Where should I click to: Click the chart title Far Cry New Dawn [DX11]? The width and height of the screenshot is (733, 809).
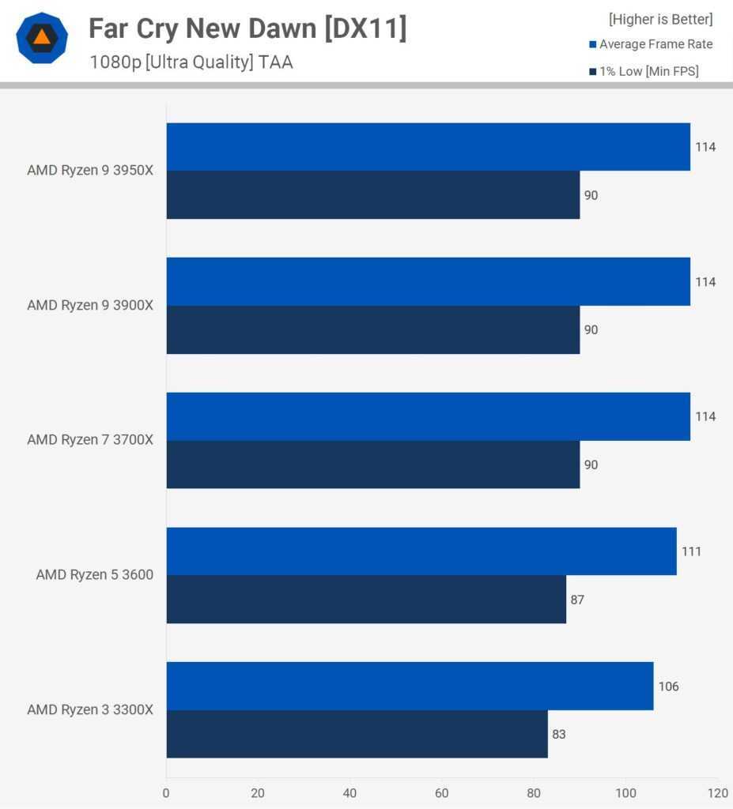click(x=247, y=28)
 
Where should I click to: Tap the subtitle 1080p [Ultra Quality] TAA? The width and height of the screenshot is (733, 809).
click(x=191, y=62)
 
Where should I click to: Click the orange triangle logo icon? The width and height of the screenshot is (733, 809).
click(x=42, y=37)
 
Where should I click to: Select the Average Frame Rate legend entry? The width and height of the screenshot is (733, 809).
click(x=656, y=44)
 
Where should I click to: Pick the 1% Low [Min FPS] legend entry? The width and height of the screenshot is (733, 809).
click(x=648, y=72)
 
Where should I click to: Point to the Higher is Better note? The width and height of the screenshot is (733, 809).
click(x=660, y=19)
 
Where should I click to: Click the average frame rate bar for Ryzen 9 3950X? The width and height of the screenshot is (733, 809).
click(x=428, y=147)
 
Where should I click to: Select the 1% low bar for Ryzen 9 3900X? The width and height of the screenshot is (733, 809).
click(x=372, y=329)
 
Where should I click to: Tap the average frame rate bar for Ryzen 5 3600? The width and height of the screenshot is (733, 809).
click(x=421, y=551)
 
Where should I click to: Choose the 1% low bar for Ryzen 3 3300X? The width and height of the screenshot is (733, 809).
click(x=357, y=734)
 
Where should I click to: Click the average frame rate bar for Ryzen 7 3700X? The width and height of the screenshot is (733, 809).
click(x=428, y=416)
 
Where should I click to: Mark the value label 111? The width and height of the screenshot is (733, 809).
click(x=691, y=551)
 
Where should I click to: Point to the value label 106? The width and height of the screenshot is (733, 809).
click(x=668, y=687)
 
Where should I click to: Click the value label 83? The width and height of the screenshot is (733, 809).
click(x=559, y=734)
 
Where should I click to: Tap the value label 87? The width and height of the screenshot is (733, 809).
click(x=577, y=600)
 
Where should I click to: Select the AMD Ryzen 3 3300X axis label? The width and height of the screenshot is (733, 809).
click(x=90, y=709)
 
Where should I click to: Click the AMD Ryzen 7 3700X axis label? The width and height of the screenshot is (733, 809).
click(x=90, y=439)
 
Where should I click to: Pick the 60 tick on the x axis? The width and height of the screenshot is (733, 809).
click(x=442, y=792)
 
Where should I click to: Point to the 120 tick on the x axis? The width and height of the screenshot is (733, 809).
click(x=717, y=792)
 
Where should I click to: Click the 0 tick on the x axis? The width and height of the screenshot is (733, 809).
click(x=166, y=792)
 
